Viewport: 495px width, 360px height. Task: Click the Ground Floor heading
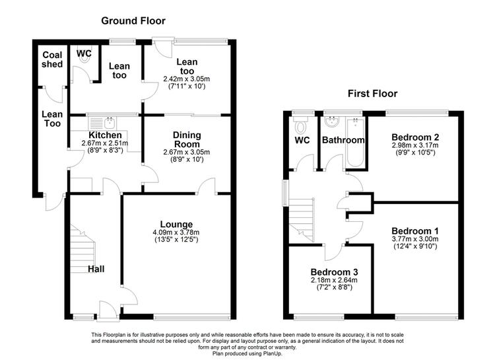[x=133, y=21]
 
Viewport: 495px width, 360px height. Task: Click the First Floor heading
[x=372, y=94]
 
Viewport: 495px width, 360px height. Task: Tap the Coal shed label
[x=52, y=59]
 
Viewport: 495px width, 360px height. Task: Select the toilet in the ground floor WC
[x=84, y=56]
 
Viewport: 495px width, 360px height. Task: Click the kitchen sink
[x=110, y=122]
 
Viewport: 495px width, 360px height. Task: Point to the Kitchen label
[x=105, y=135]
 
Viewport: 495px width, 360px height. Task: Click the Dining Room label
[x=187, y=139]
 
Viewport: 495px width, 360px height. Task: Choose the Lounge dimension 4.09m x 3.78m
[x=176, y=233]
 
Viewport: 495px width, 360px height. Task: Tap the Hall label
[x=96, y=269]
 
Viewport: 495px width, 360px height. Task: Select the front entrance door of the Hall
[x=108, y=311]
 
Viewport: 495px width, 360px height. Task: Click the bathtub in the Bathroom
[x=356, y=142]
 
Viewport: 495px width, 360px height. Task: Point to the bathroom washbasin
[x=332, y=122]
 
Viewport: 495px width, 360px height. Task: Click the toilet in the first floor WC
[x=300, y=125]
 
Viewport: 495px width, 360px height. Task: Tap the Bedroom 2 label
[x=415, y=137]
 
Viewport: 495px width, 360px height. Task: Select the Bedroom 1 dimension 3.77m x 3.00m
[x=415, y=239]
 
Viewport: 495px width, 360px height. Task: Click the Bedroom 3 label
[x=334, y=272]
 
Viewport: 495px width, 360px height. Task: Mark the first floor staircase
[x=302, y=221]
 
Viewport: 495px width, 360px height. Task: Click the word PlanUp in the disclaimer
[x=272, y=353]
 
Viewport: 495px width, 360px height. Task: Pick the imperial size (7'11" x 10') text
[x=187, y=86]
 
